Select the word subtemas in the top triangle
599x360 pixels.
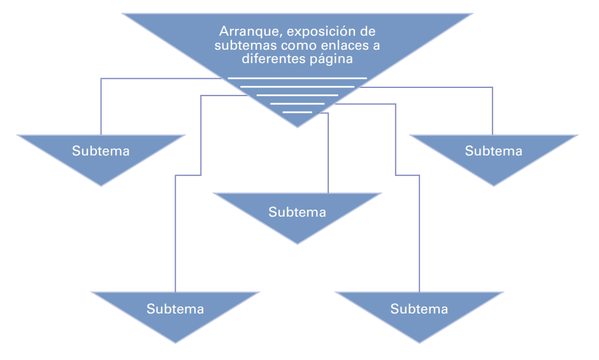(239, 45)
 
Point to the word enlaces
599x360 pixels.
(339, 45)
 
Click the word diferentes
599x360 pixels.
(270, 59)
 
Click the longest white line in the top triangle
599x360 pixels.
(297, 78)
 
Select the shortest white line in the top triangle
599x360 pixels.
(297, 112)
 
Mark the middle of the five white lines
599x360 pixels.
(297, 95)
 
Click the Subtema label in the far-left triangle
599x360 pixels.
(101, 151)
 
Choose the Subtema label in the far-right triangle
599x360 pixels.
(493, 151)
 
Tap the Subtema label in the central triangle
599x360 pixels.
(297, 212)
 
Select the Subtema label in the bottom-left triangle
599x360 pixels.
(175, 309)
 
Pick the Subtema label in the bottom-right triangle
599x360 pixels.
(419, 309)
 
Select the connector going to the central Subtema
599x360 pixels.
(328, 153)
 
